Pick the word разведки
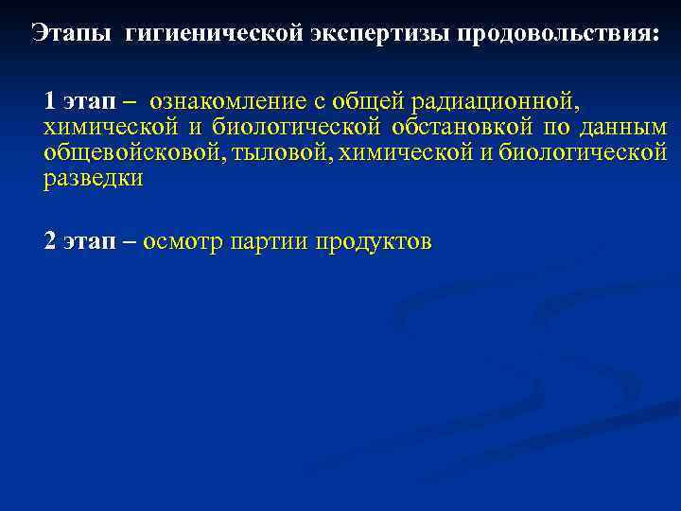93,179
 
